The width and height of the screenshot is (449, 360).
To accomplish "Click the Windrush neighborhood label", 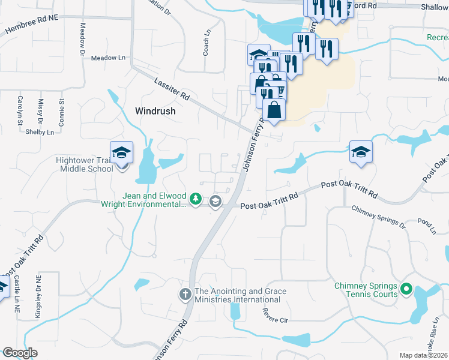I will point(155,111).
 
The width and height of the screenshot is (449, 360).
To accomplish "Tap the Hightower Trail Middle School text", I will point(84,164).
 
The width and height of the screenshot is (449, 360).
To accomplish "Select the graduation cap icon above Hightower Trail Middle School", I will point(121,152).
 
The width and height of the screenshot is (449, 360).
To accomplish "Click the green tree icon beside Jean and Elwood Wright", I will point(195,199).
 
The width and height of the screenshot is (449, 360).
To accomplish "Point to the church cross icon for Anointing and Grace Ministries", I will point(185,295).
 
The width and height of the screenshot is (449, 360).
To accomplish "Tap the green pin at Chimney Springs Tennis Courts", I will point(406,290).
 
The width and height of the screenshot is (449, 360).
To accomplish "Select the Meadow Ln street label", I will point(108,58).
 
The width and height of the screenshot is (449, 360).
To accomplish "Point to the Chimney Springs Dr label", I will point(378,216).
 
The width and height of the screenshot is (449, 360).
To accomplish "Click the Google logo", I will point(20,353).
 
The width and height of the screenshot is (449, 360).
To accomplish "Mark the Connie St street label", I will point(61,108).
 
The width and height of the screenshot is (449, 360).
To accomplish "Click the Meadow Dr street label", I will point(83,37).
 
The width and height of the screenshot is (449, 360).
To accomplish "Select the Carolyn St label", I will point(20,106).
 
